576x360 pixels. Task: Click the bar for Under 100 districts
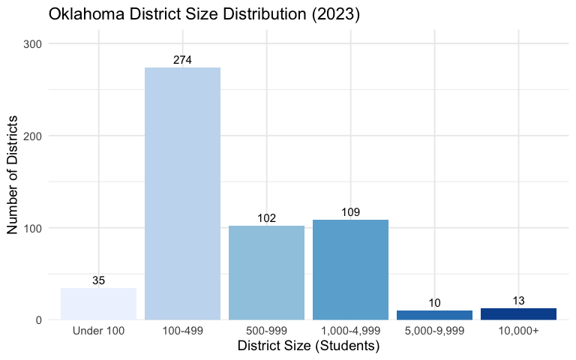pos(98,304)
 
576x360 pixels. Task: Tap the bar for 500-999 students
pos(266,273)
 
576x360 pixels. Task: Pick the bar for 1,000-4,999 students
pos(350,269)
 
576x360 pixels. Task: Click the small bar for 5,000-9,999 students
pos(434,315)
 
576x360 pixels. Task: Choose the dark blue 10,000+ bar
pos(518,313)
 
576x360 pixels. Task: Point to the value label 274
pos(182,60)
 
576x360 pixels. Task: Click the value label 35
pos(98,280)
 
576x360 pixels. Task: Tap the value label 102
pos(266,218)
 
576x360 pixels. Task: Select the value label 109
pos(350,212)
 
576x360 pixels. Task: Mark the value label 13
pos(518,301)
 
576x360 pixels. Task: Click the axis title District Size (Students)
pos(308,346)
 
